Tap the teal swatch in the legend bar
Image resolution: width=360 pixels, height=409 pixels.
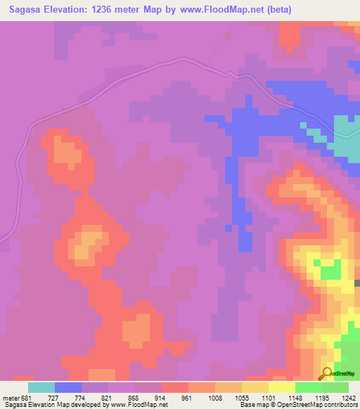pyautogui.click(x=41, y=387)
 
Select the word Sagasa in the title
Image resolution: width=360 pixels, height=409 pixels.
pyautogui.click(x=22, y=10)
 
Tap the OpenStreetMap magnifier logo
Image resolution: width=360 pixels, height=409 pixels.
pyautogui.click(x=327, y=375)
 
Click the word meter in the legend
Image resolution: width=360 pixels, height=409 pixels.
pyautogui.click(x=11, y=397)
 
